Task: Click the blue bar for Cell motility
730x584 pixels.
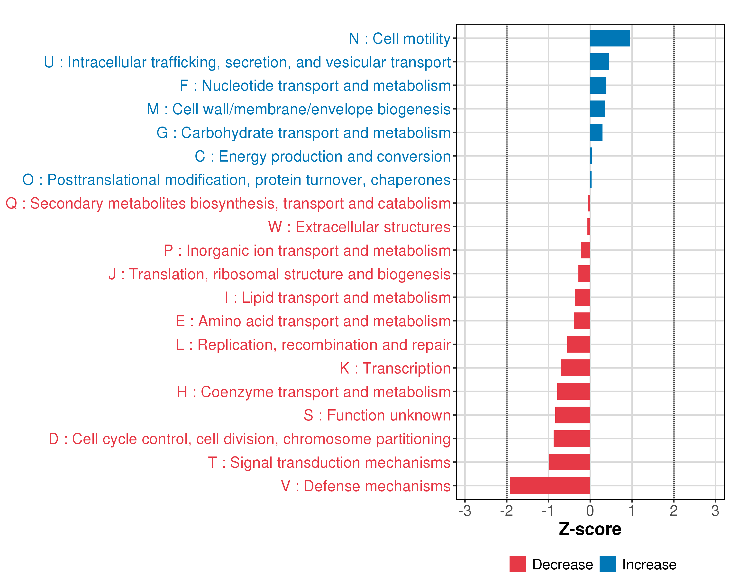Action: tap(610, 38)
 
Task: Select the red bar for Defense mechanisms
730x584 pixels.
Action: tap(550, 485)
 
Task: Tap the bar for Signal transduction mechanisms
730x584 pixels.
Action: tap(569, 462)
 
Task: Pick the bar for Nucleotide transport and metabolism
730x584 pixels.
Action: tap(598, 85)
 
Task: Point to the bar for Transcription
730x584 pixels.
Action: tap(575, 368)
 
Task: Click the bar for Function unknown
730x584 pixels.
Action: tap(573, 415)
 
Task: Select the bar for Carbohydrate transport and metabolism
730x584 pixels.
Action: tap(596, 132)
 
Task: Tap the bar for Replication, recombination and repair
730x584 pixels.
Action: tap(579, 344)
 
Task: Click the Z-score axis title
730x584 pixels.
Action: tap(590, 529)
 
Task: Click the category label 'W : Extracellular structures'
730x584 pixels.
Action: tap(359, 227)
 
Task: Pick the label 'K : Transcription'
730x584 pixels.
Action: tap(395, 368)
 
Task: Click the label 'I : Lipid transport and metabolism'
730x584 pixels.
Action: tap(338, 298)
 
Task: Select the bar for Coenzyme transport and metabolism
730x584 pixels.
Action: tap(574, 391)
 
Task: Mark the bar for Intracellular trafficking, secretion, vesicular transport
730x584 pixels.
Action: tap(599, 62)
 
